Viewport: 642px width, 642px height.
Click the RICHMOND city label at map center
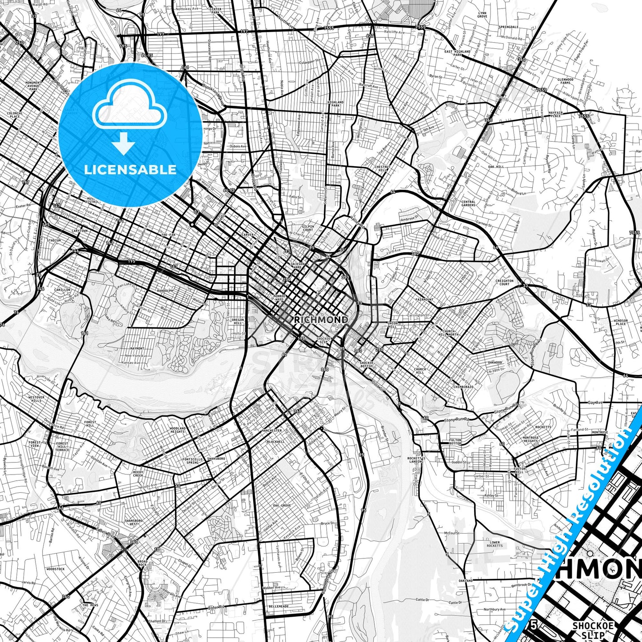[321, 320]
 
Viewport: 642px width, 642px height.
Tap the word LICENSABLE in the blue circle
[130, 170]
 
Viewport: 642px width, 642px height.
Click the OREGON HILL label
[238, 322]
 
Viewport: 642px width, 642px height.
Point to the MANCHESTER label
[271, 431]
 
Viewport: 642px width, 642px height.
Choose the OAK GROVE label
[282, 506]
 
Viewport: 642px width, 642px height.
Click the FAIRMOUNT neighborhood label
[424, 299]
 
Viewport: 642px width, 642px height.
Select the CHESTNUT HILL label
[382, 168]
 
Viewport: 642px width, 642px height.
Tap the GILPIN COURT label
[308, 228]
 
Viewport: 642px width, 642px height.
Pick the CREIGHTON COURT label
[504, 283]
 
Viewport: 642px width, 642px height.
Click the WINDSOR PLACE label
[621, 322]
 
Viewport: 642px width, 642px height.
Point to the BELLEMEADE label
[279, 606]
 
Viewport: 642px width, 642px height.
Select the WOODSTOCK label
[56, 569]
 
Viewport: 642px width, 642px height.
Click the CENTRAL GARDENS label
[468, 203]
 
